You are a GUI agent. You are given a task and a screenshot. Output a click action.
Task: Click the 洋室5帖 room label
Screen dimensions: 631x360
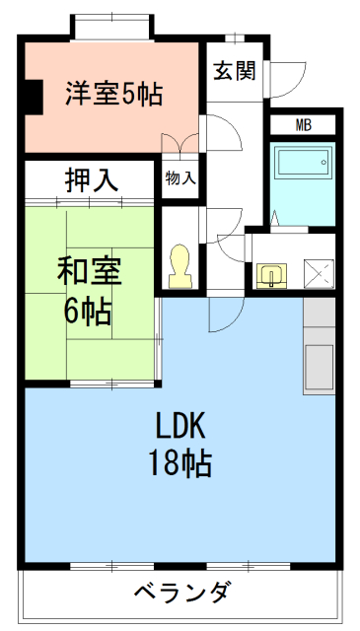coord(113,95)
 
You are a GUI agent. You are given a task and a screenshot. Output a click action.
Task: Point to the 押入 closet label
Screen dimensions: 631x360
coord(92,180)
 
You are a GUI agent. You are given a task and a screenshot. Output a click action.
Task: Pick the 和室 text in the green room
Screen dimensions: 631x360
coord(88,269)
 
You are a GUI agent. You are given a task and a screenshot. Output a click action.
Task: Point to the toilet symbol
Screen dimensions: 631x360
coord(180,265)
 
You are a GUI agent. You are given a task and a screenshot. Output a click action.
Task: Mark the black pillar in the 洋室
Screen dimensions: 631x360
coord(32,96)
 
